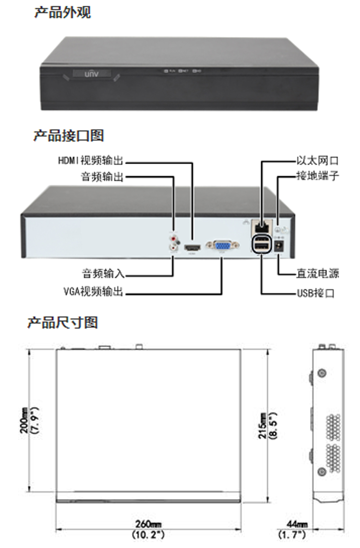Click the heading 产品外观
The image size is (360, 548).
[62, 12]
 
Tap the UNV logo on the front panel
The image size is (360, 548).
[91, 74]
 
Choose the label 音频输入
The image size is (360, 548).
[103, 274]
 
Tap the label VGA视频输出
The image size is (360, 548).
[94, 291]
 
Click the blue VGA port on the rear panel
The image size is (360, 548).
[222, 246]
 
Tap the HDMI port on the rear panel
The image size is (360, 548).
[192, 248]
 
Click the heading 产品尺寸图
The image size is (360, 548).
[62, 322]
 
